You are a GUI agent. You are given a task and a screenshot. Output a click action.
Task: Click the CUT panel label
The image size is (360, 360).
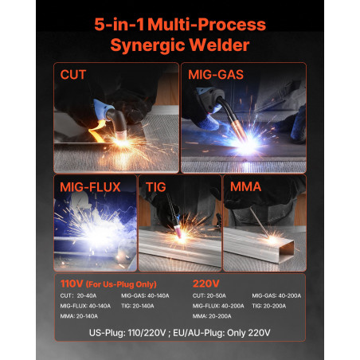pos(73,75)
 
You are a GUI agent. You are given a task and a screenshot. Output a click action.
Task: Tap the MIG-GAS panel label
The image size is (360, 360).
pos(216,75)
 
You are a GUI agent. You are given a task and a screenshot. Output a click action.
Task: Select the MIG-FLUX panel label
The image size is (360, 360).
pos(90,187)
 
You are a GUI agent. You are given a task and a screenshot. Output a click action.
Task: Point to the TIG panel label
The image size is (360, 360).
pos(156,187)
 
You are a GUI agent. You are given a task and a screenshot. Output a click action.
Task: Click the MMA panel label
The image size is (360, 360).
pos(245,186)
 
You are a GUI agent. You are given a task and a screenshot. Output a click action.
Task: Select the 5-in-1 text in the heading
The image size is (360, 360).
pos(119,25)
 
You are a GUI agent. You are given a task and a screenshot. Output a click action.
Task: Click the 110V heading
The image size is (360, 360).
pos(72,284)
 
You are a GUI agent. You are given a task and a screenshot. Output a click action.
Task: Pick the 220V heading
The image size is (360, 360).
pos(206,284)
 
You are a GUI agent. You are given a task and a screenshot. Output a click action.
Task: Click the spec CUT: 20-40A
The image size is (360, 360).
pos(78,295)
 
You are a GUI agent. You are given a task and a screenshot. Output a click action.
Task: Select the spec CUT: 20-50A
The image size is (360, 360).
pos(209,295)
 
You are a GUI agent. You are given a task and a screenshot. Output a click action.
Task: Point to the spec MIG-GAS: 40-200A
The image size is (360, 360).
pos(276,295)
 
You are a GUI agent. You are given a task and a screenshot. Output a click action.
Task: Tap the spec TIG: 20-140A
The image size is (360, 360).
pos(138,306)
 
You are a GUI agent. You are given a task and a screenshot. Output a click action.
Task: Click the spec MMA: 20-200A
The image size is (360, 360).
pos(212,316)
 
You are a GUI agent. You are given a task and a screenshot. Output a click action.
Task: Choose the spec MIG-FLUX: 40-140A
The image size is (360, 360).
pos(85,306)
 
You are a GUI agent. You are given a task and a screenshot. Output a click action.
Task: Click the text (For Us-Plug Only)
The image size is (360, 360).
pos(121,284)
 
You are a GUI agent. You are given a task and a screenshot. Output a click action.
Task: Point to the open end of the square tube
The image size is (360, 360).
pos(288,250)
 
